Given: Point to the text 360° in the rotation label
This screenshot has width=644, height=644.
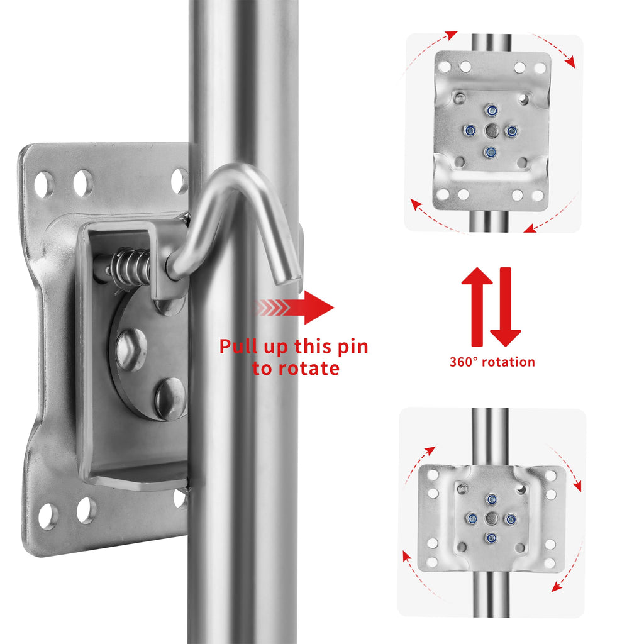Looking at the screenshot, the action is click(464, 362).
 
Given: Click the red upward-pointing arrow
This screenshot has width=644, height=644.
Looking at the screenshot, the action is click(477, 306).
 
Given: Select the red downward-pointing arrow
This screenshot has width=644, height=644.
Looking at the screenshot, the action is click(506, 306).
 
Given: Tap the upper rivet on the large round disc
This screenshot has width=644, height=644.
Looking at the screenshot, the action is click(131, 349).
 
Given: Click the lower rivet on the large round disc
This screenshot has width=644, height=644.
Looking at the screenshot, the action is click(170, 398).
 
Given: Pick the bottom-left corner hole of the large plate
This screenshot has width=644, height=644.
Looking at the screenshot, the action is click(48, 516).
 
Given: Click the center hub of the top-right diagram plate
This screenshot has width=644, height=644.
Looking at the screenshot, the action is click(492, 131).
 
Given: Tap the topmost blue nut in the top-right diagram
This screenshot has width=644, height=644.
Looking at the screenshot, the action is click(491, 111).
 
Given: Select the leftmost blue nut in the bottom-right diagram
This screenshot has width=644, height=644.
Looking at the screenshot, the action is click(472, 519).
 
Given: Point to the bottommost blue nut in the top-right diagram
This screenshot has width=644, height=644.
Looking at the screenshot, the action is click(490, 152).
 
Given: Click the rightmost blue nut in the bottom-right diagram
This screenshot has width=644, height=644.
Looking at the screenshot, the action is click(511, 519).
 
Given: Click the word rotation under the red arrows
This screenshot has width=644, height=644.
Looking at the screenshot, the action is click(508, 362).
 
